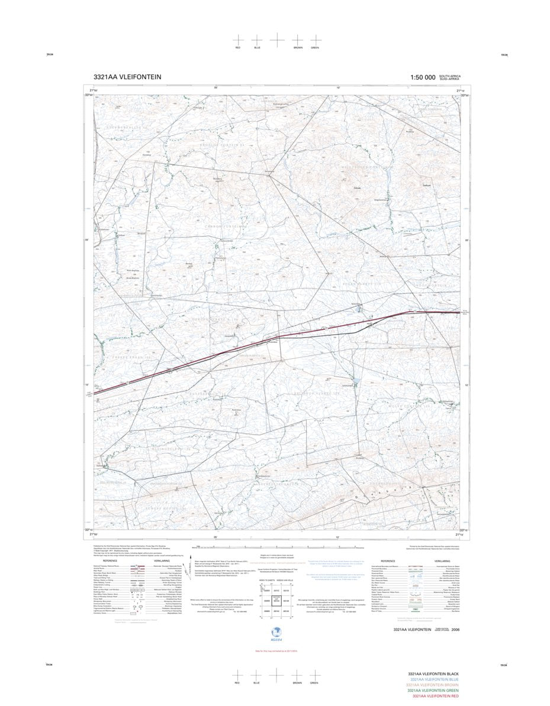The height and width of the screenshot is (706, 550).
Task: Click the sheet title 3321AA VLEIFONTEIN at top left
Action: pyautogui.click(x=127, y=77)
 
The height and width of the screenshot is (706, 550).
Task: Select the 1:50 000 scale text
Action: pyautogui.click(x=423, y=77)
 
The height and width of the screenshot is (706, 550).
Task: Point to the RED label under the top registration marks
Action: pyautogui.click(x=238, y=47)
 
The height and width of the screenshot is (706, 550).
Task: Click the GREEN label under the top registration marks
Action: pyautogui.click(x=315, y=47)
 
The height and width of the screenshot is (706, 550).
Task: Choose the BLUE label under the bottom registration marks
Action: pyautogui.click(x=257, y=683)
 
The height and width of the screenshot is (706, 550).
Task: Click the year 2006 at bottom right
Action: pyautogui.click(x=455, y=630)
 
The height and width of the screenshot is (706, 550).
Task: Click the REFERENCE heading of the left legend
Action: pyautogui.click(x=110, y=561)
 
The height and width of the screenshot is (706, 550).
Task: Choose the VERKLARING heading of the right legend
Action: pyautogui.click(x=442, y=561)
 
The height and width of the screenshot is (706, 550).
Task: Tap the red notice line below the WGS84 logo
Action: pyautogui.click(x=274, y=650)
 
